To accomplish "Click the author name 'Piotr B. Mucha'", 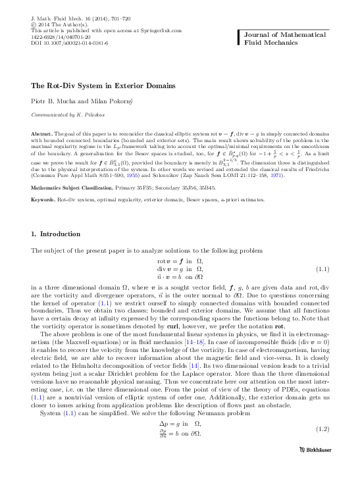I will click(x=55, y=100).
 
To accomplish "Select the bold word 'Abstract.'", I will click(x=43, y=134).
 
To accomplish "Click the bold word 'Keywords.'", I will click(x=44, y=199).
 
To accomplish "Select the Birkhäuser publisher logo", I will click(x=309, y=469).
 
